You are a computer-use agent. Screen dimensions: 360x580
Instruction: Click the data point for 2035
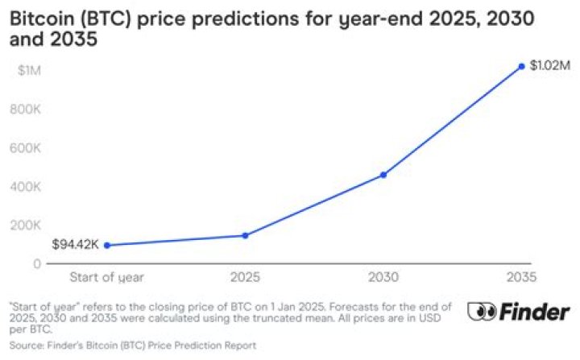coord(522,66)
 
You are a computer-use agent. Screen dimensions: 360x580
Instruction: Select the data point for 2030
coord(383,175)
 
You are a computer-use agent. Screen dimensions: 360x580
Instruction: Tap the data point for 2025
coord(245,235)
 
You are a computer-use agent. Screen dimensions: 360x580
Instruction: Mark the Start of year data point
coord(106,245)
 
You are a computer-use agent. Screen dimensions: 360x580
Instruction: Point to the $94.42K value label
coord(75,244)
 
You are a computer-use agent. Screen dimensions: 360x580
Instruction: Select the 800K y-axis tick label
coord(26,110)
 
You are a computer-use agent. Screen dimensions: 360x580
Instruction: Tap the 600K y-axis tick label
coord(26,148)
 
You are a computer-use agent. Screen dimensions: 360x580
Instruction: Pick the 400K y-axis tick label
coord(26,186)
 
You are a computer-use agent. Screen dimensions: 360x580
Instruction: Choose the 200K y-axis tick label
coord(26,225)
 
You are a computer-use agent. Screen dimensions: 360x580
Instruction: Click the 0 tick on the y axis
coord(37,263)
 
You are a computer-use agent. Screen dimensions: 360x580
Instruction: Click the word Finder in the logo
coord(533,311)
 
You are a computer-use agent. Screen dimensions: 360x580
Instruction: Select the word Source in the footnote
coord(24,345)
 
